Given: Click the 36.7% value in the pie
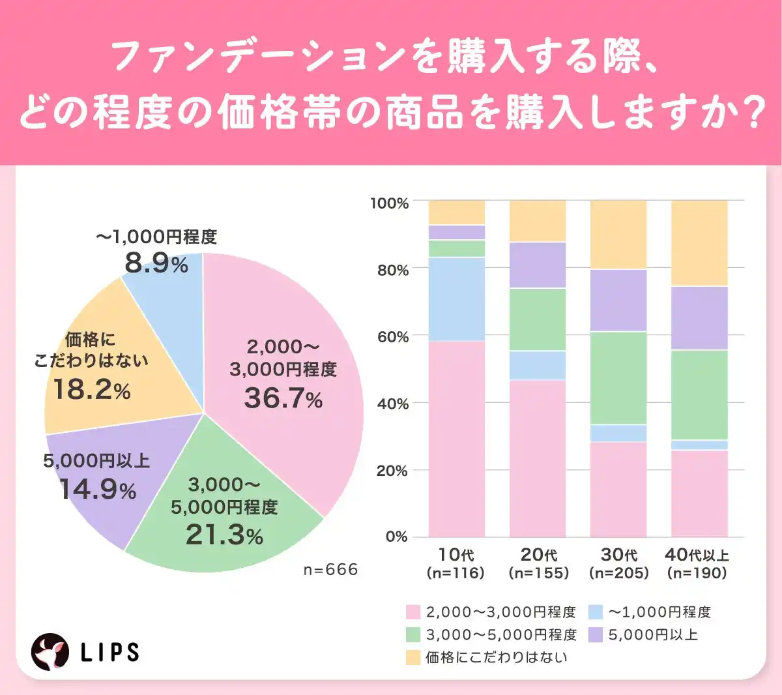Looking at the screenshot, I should (x=283, y=398).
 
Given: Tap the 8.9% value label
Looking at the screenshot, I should (x=156, y=263).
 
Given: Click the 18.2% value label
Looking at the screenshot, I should (x=92, y=390).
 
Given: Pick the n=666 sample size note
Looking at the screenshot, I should (x=330, y=570).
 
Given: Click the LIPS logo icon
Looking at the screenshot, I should (x=50, y=651).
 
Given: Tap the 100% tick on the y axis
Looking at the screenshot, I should (x=390, y=203).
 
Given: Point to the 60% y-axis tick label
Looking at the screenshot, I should (x=392, y=337).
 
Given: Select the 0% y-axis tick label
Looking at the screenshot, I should (x=396, y=537).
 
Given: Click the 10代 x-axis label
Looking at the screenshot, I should (x=456, y=555).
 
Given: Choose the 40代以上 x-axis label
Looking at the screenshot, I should (x=697, y=555).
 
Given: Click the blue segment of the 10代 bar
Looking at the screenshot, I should (x=457, y=299).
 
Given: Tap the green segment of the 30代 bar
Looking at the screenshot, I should (x=618, y=378).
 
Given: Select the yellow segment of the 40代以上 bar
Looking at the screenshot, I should (x=699, y=243).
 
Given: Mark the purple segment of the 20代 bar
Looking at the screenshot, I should (x=538, y=265).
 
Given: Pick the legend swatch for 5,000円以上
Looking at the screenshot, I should (x=595, y=634).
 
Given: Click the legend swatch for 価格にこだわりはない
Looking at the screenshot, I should (x=413, y=657).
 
